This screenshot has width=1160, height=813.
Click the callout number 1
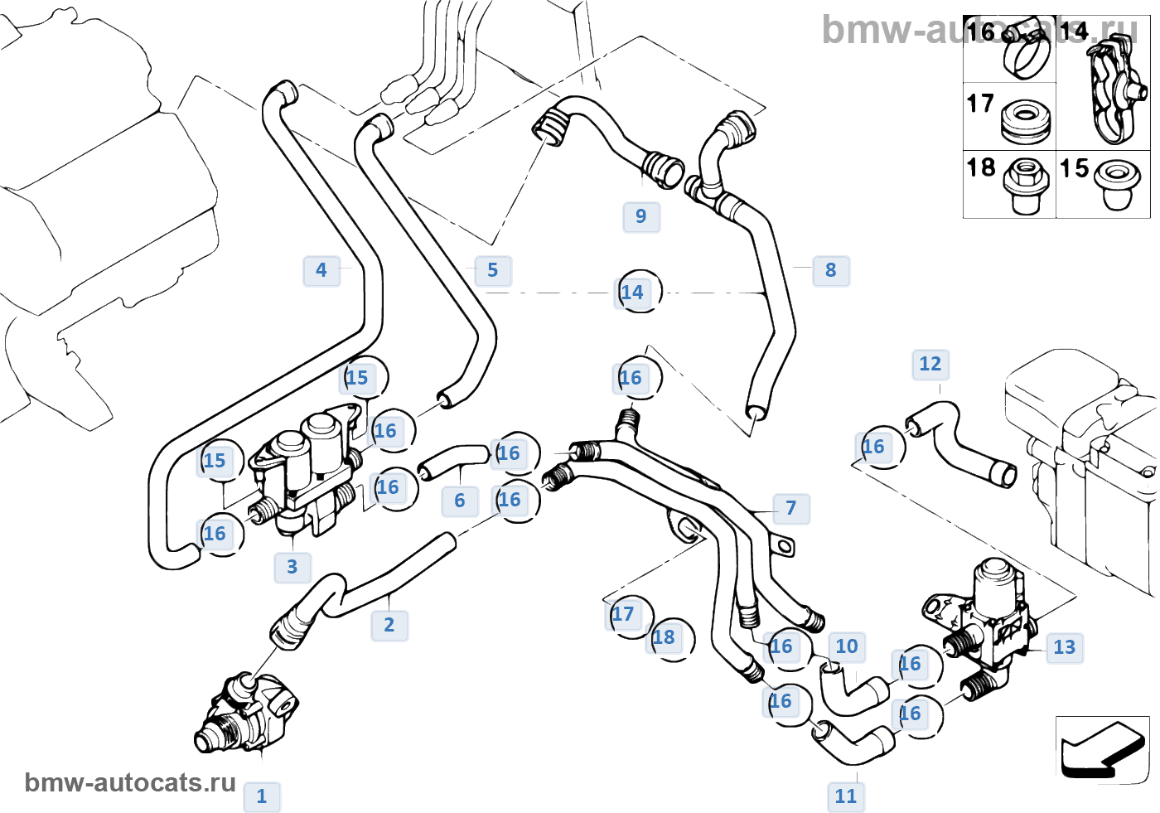pyautogui.click(x=262, y=796)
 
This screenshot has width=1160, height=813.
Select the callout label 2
pyautogui.click(x=389, y=625)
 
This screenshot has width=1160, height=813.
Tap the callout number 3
pyautogui.click(x=292, y=567)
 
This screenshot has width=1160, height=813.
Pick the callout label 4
pyautogui.click(x=321, y=270)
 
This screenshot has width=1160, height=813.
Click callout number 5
pyautogui.click(x=493, y=270)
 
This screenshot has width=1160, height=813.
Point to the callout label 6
pyautogui.click(x=460, y=501)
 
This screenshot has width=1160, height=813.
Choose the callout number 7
pyautogui.click(x=791, y=508)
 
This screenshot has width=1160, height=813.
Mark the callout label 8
pyautogui.click(x=831, y=270)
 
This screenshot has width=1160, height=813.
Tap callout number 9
pyautogui.click(x=641, y=216)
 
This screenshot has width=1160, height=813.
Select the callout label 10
pyautogui.click(x=847, y=646)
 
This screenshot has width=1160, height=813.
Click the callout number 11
pyautogui.click(x=846, y=796)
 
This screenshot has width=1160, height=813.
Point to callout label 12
pyautogui.click(x=930, y=364)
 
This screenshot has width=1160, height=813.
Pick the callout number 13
pyautogui.click(x=1065, y=647)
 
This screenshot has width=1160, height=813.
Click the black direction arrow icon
pyautogui.click(x=1100, y=748)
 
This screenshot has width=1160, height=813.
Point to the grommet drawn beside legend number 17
pyautogui.click(x=1026, y=119)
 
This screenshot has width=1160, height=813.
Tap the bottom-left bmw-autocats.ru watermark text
pyautogui.click(x=130, y=782)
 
